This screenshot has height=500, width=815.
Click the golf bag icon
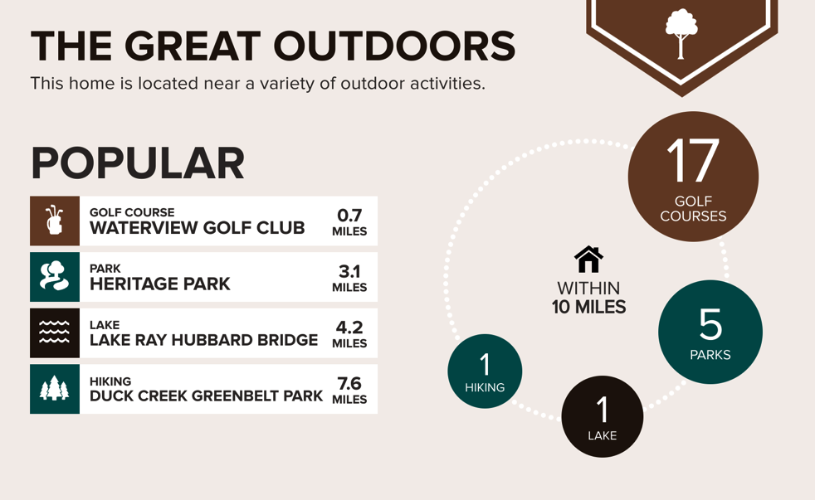pos(55,220)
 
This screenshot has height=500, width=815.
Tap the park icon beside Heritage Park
pos(54,275)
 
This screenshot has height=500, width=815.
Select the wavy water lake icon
pos(54,333)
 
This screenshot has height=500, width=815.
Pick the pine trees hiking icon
pos(54,388)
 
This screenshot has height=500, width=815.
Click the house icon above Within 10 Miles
pos(588,259)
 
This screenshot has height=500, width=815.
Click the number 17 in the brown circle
pos(693,160)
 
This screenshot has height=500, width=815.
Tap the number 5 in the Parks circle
pos(710,323)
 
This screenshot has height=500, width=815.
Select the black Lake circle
pos(602,416)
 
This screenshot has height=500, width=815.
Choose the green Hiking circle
pos(485,371)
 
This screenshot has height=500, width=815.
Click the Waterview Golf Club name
pos(197,227)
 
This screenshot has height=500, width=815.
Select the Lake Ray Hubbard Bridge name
pos(204,340)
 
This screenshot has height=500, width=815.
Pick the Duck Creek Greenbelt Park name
pos(206,396)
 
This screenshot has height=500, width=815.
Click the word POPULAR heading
pos(138,163)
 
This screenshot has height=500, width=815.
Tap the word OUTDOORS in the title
pos(394,46)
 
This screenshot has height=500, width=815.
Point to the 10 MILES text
pos(589,307)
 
